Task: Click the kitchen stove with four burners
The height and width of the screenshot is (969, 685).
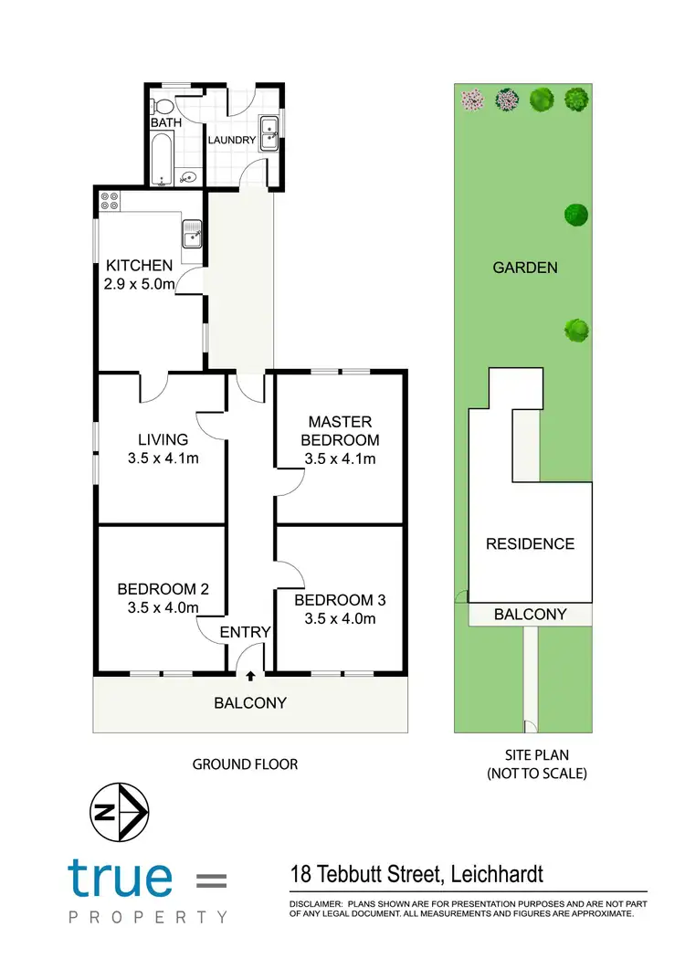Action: (x=111, y=201)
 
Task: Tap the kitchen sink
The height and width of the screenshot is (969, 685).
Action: (x=193, y=236)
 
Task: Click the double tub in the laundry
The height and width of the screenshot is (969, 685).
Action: (x=269, y=133)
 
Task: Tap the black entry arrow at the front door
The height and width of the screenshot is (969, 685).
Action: (x=250, y=676)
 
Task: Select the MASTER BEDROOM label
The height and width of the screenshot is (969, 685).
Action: (x=340, y=430)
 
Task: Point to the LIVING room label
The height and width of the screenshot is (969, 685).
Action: (x=163, y=439)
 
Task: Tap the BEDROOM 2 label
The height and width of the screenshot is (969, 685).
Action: (x=163, y=589)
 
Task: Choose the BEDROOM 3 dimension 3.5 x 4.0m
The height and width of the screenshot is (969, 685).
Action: (x=340, y=618)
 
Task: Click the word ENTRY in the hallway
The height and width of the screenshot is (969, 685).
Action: (x=246, y=632)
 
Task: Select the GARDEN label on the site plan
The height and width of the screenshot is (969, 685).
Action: (x=524, y=268)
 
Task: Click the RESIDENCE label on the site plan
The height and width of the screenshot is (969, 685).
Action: (x=530, y=543)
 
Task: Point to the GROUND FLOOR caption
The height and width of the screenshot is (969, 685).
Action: (x=245, y=764)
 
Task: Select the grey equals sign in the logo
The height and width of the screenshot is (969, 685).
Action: (x=212, y=880)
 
